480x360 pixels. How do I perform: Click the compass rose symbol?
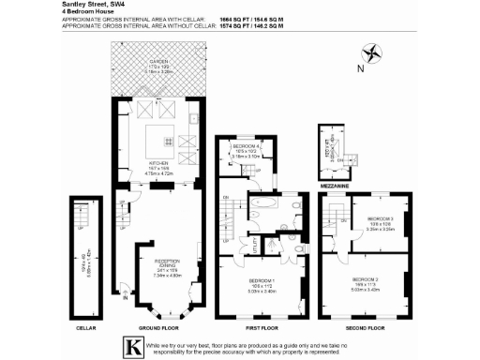coord(374,52)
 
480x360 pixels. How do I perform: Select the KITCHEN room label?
coord(157,161)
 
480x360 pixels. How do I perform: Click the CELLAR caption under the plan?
coord(85,328)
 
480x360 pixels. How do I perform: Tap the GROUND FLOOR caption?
coord(157,328)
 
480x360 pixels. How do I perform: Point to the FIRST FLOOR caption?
coord(262,328)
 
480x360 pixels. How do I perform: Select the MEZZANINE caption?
coord(334,186)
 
